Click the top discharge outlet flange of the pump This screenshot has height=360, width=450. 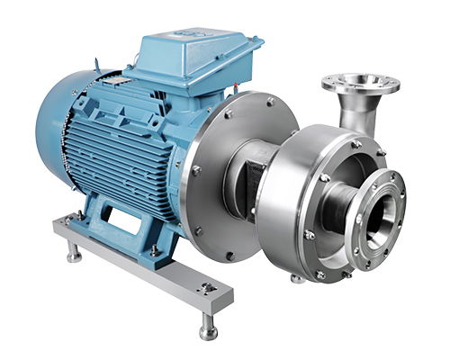[360, 84]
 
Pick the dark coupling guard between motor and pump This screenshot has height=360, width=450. [243, 180]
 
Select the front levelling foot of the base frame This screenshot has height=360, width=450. [207, 328]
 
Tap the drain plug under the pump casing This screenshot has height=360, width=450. [298, 278]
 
